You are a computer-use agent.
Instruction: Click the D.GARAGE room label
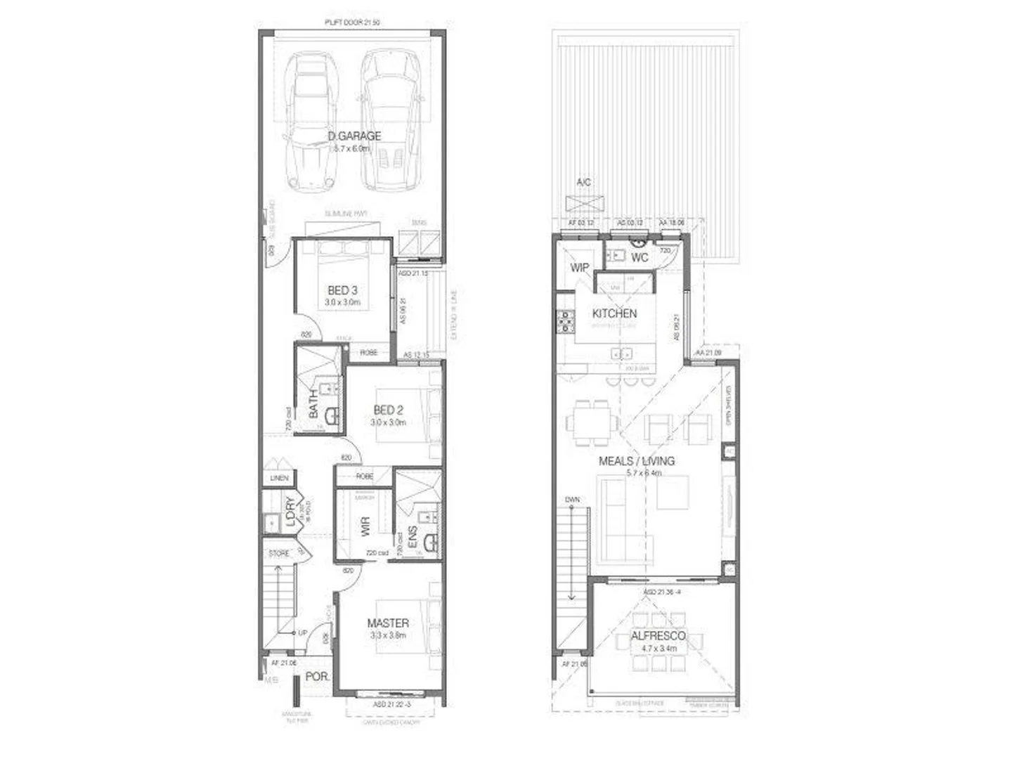pos(354,136)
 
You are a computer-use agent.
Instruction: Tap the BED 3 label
pos(342,290)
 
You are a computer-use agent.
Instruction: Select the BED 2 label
pos(388,410)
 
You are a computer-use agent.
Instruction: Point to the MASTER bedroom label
pos(388,623)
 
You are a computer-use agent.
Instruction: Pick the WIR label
pos(365,527)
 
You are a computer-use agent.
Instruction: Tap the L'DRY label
pos(290,512)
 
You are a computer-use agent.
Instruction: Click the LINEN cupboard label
pos(279,478)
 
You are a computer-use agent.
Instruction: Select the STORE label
pos(279,554)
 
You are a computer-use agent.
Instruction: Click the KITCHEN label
pos(614,313)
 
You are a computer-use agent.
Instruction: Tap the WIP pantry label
pos(579,268)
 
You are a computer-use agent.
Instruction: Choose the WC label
pos(640,258)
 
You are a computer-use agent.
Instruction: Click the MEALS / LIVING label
pos(637,461)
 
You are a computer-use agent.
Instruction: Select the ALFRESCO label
pos(658,636)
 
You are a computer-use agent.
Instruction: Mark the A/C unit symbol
pos(584,204)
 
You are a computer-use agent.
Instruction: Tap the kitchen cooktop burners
pos(565,321)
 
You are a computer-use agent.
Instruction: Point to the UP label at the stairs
pos(303,632)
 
